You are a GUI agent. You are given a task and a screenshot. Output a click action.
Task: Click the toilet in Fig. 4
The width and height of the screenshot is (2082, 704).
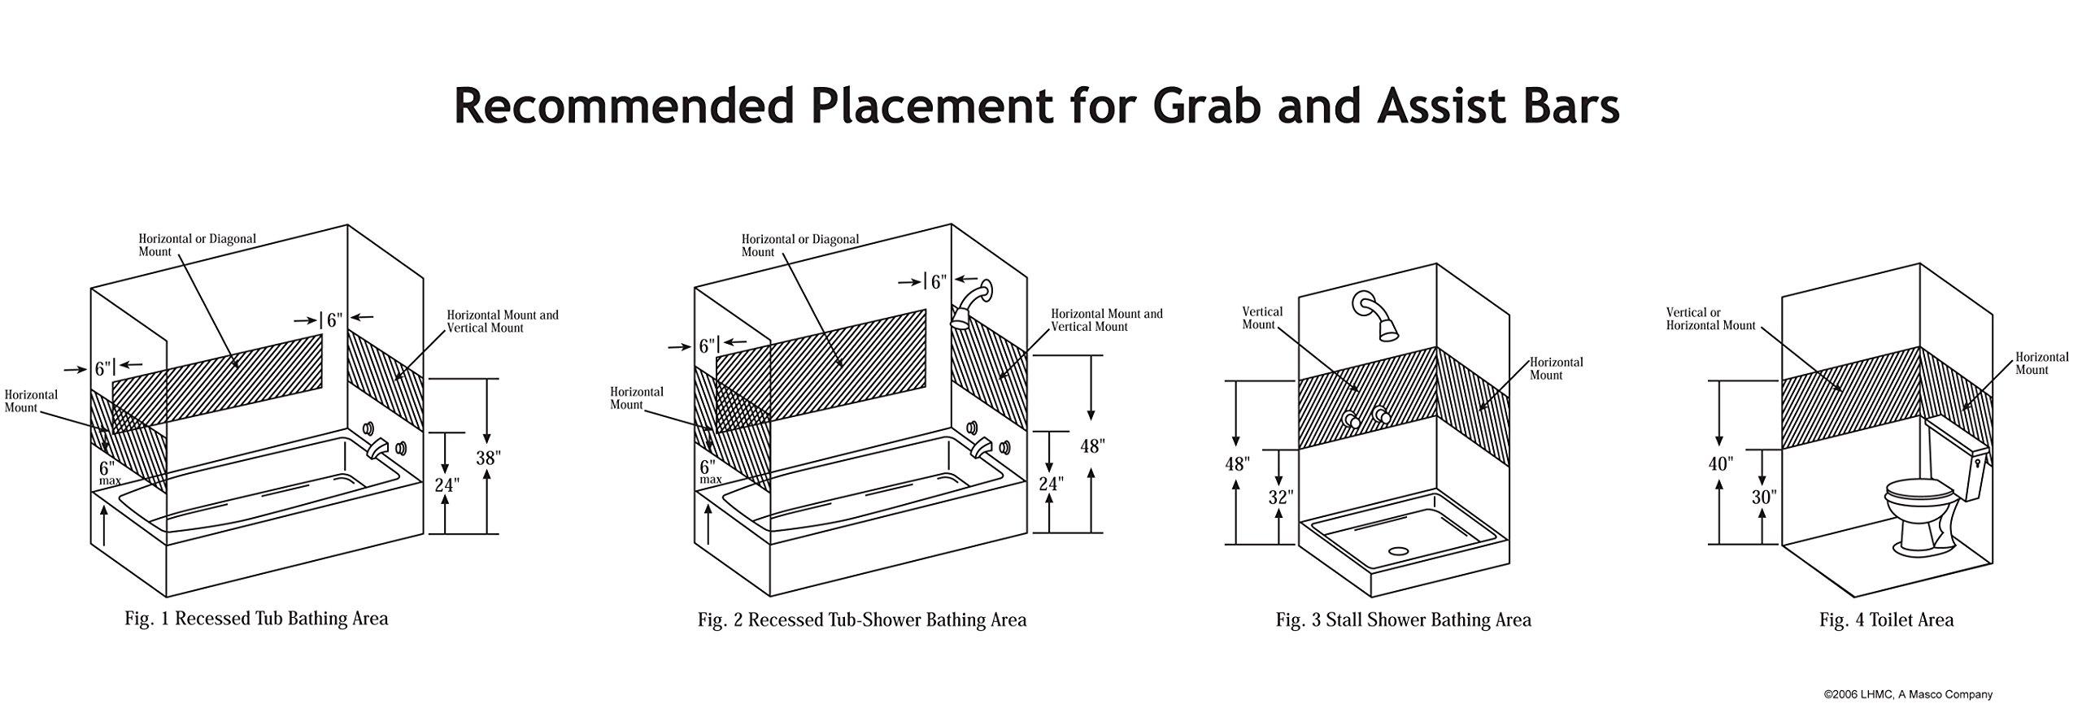point(1923,520)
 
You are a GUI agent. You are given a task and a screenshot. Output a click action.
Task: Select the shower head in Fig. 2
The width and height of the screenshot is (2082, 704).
point(972,305)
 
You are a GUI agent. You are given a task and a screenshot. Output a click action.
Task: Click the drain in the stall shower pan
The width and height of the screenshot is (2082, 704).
point(1398,550)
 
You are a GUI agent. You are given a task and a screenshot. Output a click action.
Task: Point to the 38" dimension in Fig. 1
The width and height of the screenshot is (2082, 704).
point(486,458)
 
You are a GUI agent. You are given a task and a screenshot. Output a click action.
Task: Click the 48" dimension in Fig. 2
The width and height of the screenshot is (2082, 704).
point(1091,445)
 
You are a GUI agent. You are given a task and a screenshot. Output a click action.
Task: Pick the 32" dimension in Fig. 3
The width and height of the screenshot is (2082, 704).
point(1280,496)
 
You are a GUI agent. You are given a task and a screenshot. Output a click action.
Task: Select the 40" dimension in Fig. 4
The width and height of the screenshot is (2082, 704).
point(1720,464)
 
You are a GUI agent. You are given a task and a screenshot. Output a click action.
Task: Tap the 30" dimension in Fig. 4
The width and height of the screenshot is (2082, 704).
point(1762,496)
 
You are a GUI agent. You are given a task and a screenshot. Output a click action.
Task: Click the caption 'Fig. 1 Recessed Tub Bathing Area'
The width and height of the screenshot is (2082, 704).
point(256,619)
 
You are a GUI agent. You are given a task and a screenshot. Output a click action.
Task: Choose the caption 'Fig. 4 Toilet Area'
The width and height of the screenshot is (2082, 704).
point(1886,619)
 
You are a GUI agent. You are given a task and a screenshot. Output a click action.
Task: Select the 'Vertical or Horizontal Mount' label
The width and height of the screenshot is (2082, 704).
point(1710,319)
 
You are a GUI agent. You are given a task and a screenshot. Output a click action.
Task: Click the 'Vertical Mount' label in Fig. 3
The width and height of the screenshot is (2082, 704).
point(1262,318)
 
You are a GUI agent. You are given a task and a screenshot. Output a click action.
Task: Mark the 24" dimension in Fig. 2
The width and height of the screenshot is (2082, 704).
point(1051,484)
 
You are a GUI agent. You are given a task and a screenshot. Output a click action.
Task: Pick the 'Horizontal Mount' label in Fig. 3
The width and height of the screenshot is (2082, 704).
point(1557,368)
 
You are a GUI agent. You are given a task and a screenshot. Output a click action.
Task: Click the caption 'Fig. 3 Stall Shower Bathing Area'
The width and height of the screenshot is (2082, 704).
point(1403,619)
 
